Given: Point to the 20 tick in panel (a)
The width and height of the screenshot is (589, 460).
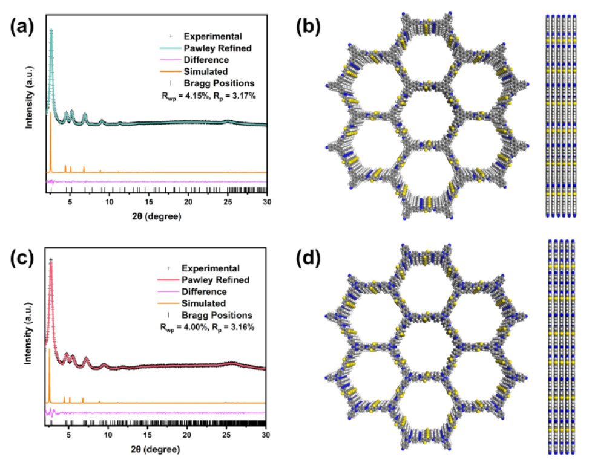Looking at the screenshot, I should point(188,202).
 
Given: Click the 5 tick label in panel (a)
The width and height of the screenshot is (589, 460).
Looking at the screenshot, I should point(71,202).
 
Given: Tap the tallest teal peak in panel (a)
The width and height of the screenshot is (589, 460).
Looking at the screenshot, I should point(51,31).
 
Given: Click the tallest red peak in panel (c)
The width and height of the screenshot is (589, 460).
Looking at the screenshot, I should point(51,261).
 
